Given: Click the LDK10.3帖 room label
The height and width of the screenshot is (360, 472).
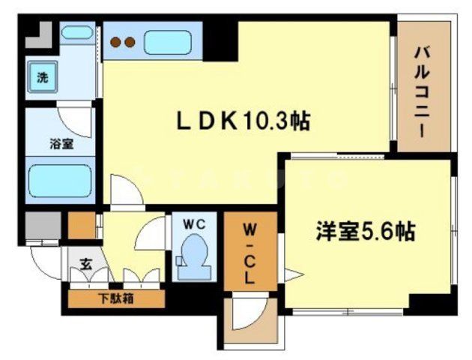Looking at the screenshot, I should tap(243, 120).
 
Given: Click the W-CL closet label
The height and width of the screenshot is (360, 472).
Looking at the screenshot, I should tap(249, 250).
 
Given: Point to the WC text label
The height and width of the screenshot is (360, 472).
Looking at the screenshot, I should tap(196, 223).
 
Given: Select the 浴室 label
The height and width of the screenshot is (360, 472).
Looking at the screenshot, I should tap(61, 143).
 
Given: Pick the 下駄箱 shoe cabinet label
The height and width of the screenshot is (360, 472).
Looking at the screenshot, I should tap(115, 298).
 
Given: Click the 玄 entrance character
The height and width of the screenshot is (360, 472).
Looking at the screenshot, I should tap(85, 264).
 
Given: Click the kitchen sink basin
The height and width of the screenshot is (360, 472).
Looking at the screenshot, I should tap(172, 42).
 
